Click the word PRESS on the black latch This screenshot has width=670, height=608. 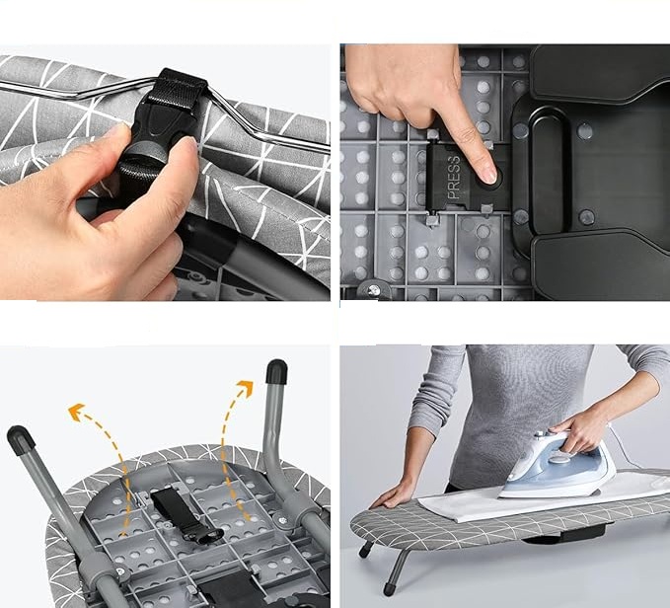pos(454,178)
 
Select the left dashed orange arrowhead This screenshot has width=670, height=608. pos(76,412)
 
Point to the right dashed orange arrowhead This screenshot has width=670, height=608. pos(246,388)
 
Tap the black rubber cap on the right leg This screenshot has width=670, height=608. pos(276,372)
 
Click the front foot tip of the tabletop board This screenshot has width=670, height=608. pos(389,589)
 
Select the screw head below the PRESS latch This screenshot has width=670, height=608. pos(374,290)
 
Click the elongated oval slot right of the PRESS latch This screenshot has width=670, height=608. pos(549,169)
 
